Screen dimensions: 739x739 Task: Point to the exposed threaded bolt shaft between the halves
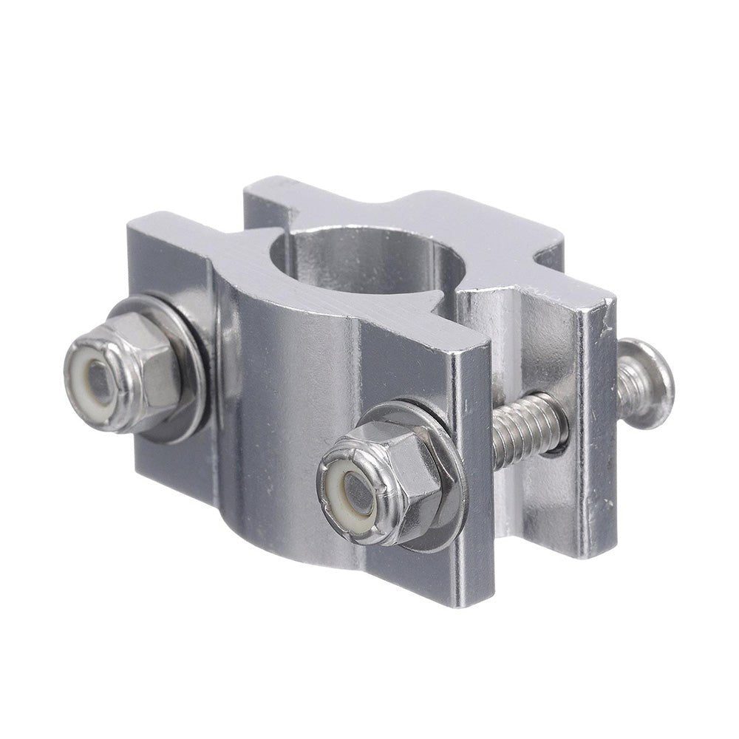[x=528, y=429]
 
